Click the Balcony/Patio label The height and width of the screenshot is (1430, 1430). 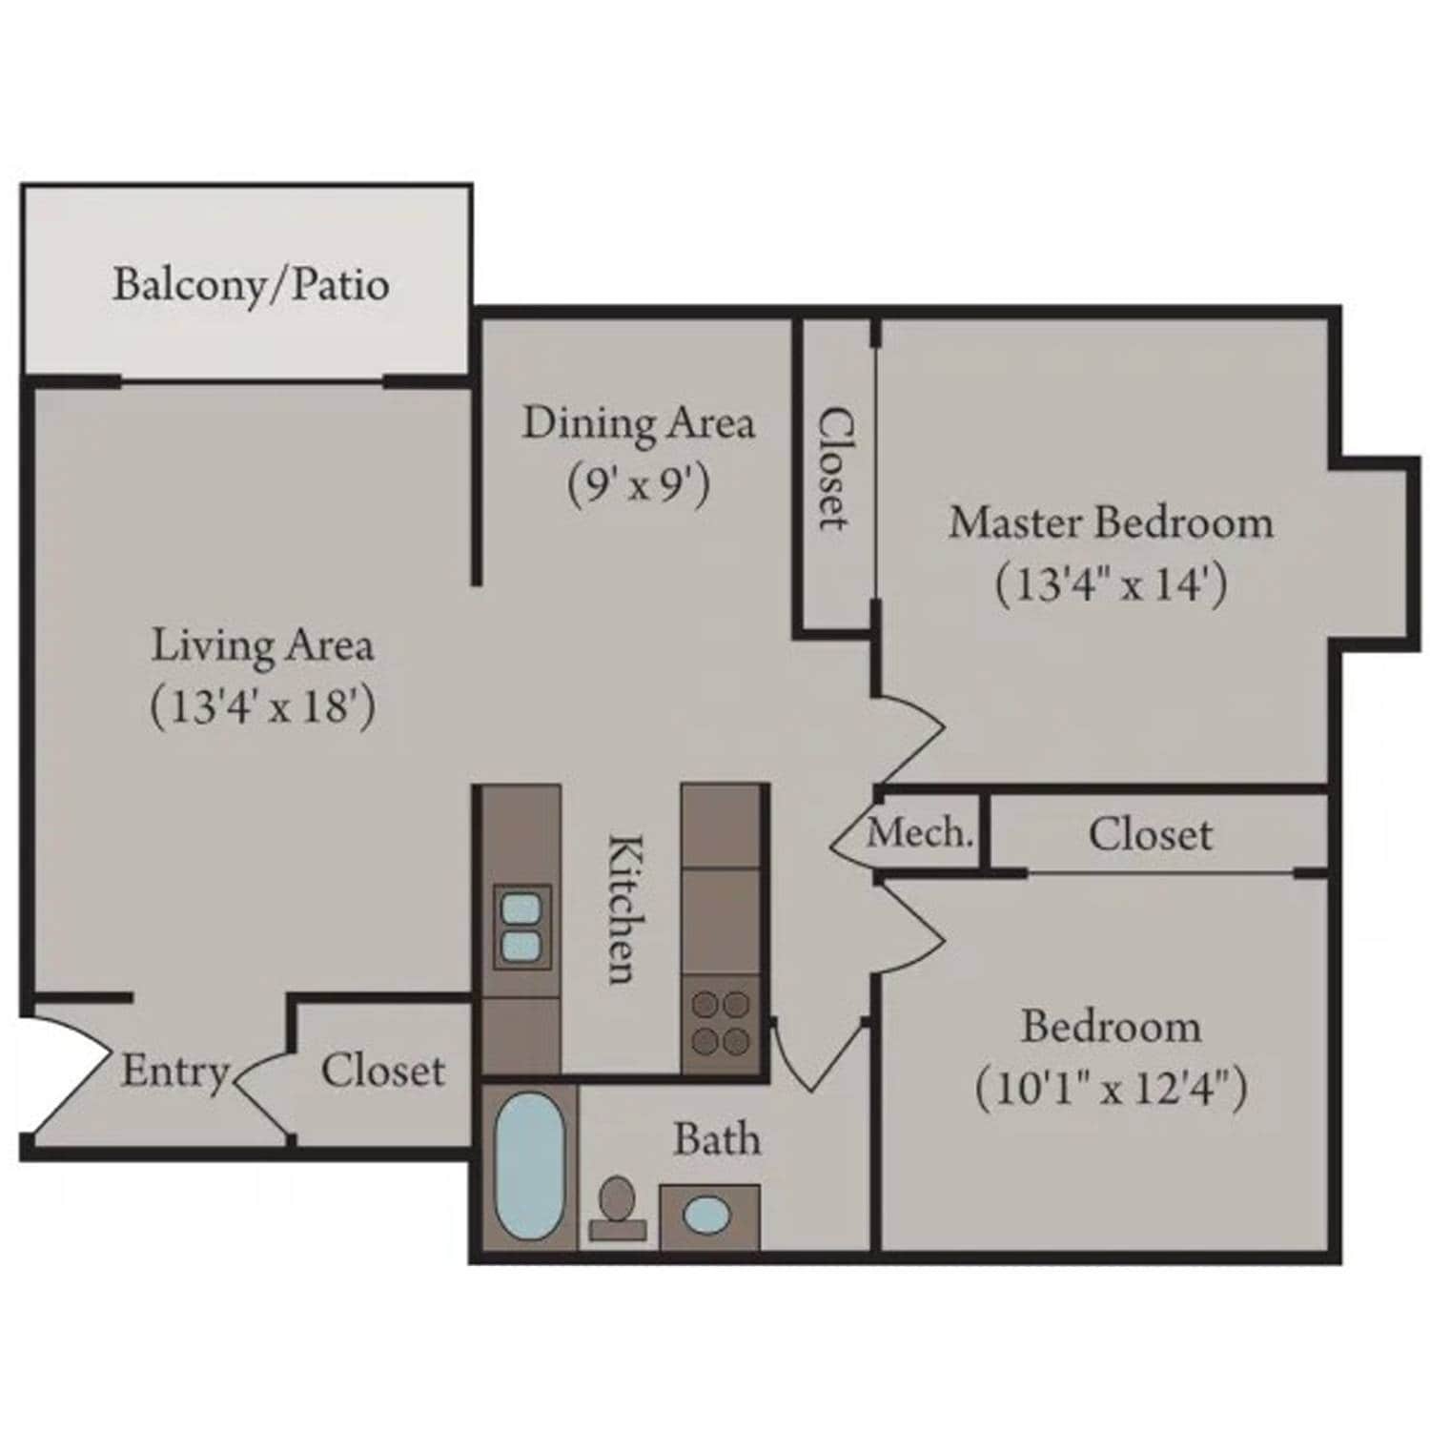click(x=251, y=285)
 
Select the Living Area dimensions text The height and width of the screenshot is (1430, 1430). click(x=263, y=707)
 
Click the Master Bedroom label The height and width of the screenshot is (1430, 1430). click(x=1111, y=522)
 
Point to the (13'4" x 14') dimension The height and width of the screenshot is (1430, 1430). click(x=1111, y=583)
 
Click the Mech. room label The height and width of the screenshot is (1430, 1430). click(x=920, y=834)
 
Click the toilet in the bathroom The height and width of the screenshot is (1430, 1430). click(x=617, y=1206)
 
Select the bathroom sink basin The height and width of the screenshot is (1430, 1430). click(x=707, y=1215)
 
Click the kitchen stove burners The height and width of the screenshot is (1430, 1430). click(x=721, y=1022)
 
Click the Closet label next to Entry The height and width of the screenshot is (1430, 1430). click(x=382, y=1071)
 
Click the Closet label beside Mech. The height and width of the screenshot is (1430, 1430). click(x=1150, y=835)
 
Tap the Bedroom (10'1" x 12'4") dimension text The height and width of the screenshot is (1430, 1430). click(x=1111, y=1089)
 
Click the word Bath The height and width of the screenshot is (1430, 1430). click(x=717, y=1139)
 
